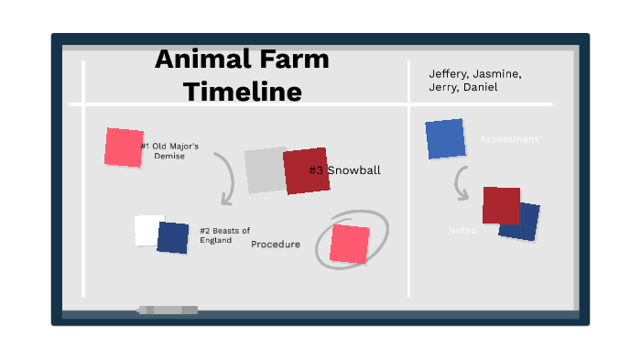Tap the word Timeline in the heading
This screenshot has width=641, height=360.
click(x=242, y=92)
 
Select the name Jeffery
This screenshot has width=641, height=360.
click(x=448, y=74)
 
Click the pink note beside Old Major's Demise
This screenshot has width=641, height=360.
click(x=124, y=147)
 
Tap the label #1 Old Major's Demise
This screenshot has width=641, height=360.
click(x=169, y=150)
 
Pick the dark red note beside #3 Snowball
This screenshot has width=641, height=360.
click(x=305, y=171)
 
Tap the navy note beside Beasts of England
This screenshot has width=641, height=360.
click(x=172, y=237)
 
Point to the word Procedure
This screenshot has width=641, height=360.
click(x=276, y=244)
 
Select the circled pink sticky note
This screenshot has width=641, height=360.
click(x=349, y=244)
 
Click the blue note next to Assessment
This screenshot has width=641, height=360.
click(x=445, y=138)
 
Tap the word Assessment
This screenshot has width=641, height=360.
click(x=508, y=139)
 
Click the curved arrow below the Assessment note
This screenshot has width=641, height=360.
click(x=462, y=183)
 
